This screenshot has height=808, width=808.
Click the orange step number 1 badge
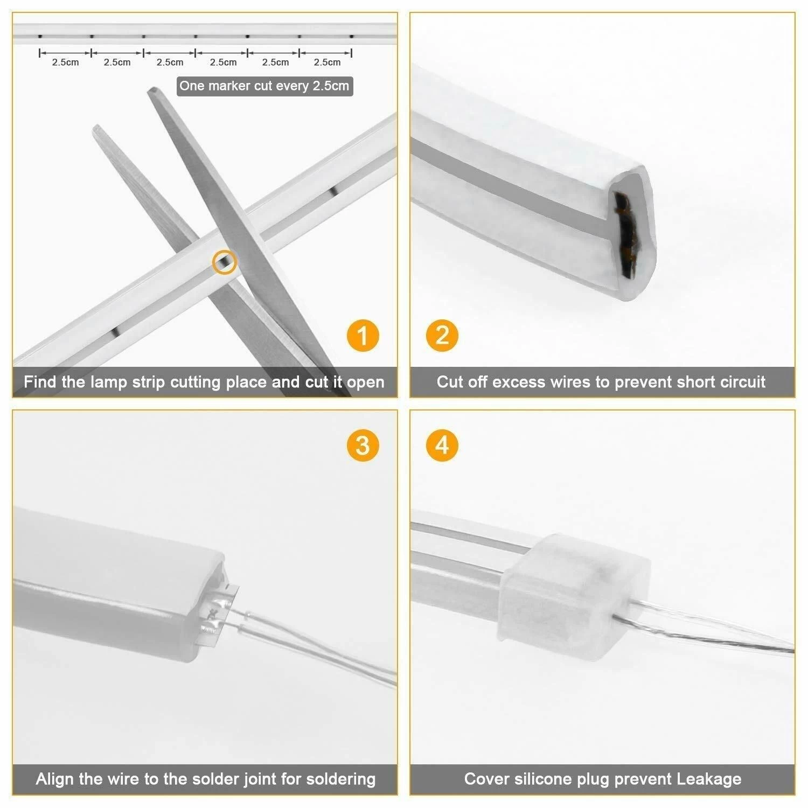[363, 336]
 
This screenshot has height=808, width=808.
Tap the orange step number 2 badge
[442, 336]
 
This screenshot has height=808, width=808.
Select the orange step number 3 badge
[363, 445]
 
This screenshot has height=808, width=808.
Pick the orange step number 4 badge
[442, 445]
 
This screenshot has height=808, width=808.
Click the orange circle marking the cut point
[225, 262]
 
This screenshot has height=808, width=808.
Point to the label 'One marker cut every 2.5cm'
[264, 86]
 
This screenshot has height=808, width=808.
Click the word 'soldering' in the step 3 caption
[340, 779]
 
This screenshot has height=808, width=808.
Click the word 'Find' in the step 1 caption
[40, 382]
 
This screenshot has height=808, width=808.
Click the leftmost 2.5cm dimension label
[65, 62]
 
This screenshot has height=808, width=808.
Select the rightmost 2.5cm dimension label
[327, 62]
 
